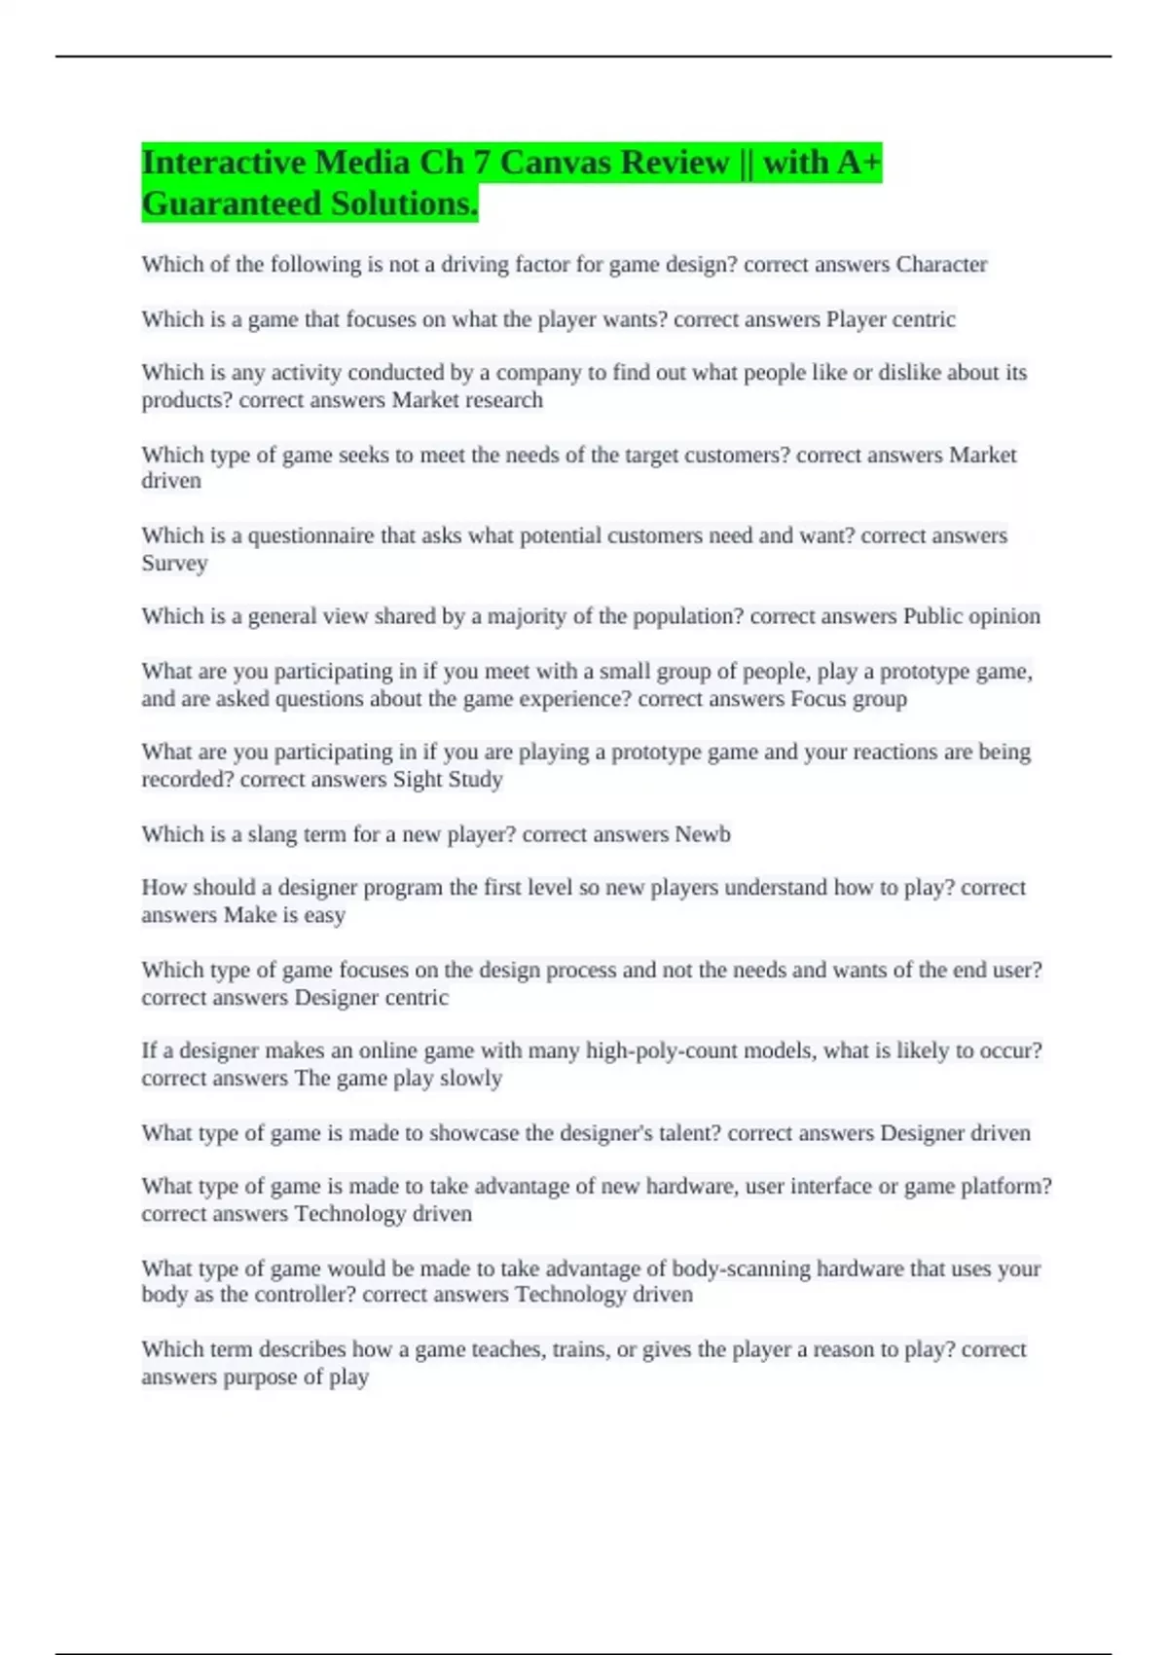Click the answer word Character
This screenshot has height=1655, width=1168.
[x=941, y=265]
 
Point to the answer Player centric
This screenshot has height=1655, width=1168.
[x=891, y=319]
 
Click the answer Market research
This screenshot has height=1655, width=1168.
[x=467, y=400]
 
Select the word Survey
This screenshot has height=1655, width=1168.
[x=174, y=564]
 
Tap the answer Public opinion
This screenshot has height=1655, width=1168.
[x=971, y=616]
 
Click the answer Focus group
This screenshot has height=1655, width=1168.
[x=848, y=699]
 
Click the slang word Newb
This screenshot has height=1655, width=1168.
[x=703, y=834]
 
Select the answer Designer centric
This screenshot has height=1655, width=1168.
[x=371, y=998]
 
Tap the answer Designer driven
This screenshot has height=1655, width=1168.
[x=955, y=1133]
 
